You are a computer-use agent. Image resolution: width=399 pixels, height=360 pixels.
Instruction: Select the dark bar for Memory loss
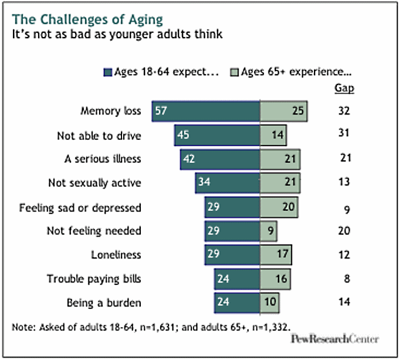[205, 111]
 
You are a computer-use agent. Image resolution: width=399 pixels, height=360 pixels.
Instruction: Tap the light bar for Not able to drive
[273, 135]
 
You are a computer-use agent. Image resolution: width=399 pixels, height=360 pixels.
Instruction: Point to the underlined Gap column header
[344, 89]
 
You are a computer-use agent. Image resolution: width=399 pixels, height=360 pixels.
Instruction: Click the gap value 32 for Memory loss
[344, 110]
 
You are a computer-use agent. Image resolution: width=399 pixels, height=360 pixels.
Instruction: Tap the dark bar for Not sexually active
[228, 183]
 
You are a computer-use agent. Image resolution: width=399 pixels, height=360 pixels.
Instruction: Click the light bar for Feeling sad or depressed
[279, 207]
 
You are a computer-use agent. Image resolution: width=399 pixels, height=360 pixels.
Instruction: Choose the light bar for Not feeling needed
[269, 231]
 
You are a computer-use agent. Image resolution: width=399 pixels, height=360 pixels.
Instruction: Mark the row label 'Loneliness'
[116, 255]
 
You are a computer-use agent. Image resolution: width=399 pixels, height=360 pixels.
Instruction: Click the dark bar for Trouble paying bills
[237, 280]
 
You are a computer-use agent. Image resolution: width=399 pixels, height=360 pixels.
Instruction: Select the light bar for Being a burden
[270, 303]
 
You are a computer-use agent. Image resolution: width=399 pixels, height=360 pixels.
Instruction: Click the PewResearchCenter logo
[334, 339]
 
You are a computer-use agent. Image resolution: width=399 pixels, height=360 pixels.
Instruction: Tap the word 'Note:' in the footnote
[24, 325]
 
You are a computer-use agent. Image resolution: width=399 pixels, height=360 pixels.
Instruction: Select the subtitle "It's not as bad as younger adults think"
[118, 33]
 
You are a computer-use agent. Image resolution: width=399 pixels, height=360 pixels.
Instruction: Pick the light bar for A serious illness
[280, 159]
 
